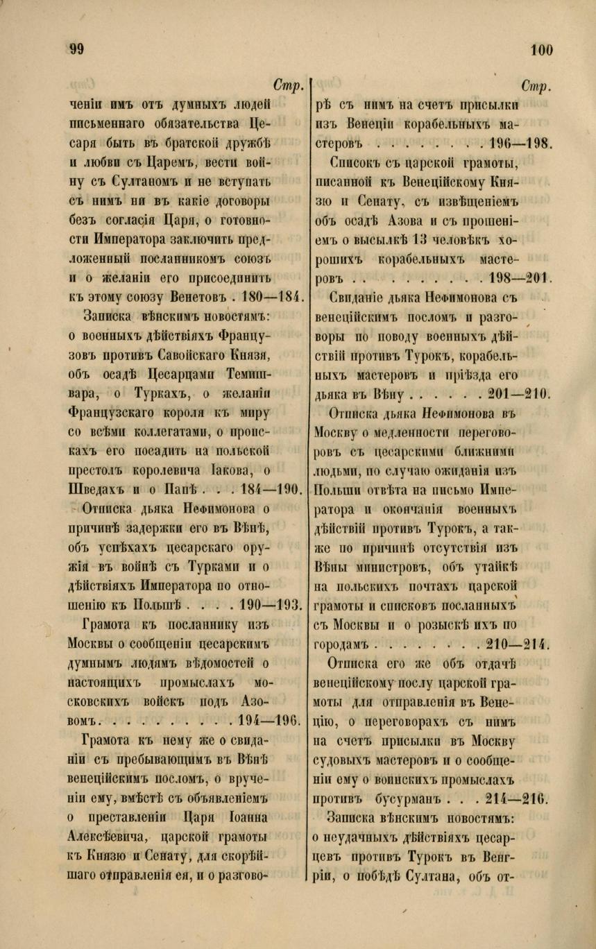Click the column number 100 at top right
click(540, 50)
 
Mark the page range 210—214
click(520, 644)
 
